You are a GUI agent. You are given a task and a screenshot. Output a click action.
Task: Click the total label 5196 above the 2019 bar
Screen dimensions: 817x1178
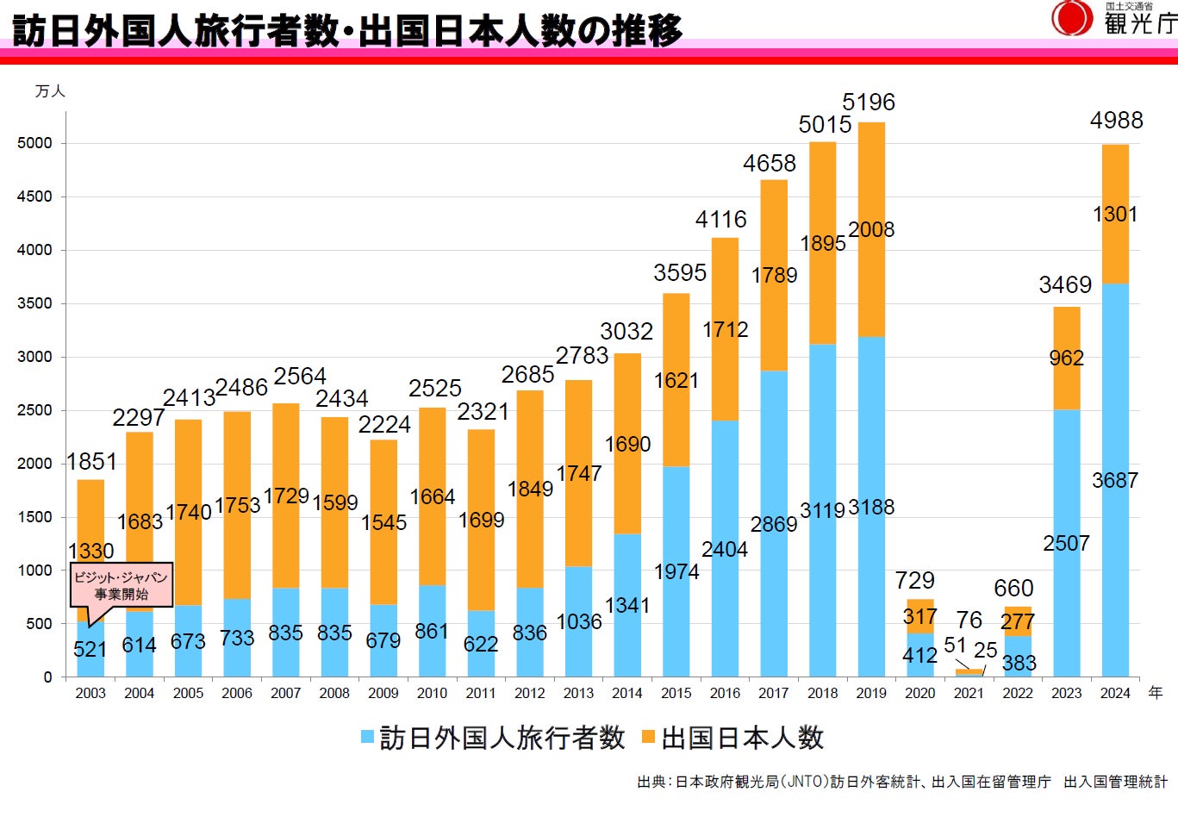(x=869, y=103)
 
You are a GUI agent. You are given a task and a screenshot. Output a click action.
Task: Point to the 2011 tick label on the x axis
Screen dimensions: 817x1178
(x=481, y=693)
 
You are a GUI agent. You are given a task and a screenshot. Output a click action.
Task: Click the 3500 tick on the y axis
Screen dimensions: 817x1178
(x=34, y=303)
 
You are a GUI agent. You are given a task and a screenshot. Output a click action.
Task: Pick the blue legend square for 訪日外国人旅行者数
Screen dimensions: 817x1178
(x=367, y=738)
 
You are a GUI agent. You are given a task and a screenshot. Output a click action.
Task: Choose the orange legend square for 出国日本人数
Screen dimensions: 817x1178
(x=649, y=738)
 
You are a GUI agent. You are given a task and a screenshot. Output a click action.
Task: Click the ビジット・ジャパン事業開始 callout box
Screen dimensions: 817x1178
(x=121, y=586)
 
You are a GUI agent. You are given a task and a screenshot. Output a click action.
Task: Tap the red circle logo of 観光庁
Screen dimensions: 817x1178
(x=1071, y=18)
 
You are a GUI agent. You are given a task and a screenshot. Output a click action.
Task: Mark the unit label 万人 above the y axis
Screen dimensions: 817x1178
(x=50, y=91)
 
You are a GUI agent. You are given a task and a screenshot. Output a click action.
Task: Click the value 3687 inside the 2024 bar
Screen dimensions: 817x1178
(x=1115, y=481)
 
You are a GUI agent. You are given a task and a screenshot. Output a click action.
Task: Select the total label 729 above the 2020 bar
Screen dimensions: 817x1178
(x=914, y=581)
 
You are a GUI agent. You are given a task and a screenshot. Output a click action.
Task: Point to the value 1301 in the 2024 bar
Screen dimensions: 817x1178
(x=1115, y=215)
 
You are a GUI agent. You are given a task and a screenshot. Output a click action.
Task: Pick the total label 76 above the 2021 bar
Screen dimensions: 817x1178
(x=969, y=620)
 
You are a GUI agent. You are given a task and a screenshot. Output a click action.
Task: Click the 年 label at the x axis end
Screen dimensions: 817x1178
(x=1156, y=693)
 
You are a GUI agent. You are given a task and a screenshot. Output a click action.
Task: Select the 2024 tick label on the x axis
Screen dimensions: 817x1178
(x=1115, y=693)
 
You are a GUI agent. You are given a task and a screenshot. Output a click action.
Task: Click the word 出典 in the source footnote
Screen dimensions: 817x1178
(x=651, y=783)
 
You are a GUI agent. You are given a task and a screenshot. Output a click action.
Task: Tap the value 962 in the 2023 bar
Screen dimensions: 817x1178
(x=1066, y=359)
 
